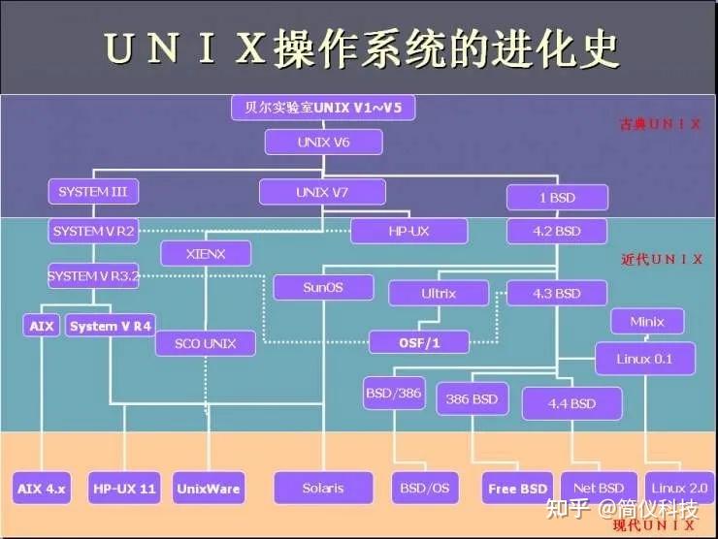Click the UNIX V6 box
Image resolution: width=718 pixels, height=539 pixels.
323,143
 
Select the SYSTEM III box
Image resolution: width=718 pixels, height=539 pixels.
93,192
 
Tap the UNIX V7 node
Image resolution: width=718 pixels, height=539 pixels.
321,193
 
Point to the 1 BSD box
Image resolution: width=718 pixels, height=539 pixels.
556,198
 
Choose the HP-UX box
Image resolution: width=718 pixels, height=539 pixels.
408,231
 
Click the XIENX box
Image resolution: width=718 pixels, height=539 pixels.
205,255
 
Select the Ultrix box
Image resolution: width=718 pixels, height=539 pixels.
439,293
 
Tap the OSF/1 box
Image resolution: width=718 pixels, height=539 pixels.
419,342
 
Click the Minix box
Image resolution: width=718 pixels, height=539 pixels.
647,321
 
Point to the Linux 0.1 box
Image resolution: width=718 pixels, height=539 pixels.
644,359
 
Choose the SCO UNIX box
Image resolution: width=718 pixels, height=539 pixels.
205,343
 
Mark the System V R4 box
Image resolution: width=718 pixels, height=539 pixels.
112,326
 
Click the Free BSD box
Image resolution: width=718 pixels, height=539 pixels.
518,489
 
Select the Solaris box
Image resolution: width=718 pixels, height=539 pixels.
322,488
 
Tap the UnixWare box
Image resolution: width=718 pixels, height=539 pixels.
209,489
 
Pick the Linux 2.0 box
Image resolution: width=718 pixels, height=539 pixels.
679,489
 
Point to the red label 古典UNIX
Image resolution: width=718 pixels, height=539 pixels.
661,125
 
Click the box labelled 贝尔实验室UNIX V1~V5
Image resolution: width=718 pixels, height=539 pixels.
323,107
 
